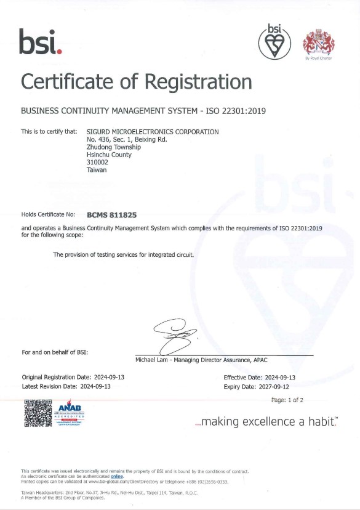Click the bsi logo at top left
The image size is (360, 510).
pos(41,42)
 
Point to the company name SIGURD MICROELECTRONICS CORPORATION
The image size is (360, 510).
pos(153,132)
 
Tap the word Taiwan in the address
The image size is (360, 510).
pos(97,171)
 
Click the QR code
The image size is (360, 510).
pos(36,413)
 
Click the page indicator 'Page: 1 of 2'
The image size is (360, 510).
pos(287,400)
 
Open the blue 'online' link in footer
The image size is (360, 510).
pos(117,476)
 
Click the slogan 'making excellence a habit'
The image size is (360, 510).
pos(266,422)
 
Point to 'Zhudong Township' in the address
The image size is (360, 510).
pos(114,147)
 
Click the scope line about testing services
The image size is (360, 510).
pos(124,254)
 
